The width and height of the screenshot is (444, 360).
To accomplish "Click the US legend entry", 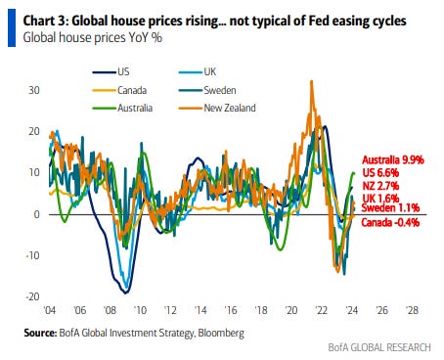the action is pyautogui.click(x=111, y=71).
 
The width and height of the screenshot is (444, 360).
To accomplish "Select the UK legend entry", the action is pyautogui.click(x=198, y=71).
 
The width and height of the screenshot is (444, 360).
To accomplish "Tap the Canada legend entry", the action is pyautogui.click(x=119, y=90).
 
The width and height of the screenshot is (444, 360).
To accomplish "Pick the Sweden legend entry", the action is pyautogui.click(x=207, y=90).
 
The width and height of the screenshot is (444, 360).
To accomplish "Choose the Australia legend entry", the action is pyautogui.click(x=122, y=108).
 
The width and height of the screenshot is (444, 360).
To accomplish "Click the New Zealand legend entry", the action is pyautogui.click(x=217, y=108).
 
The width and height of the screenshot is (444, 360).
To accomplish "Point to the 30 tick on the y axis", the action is pyautogui.click(x=34, y=90).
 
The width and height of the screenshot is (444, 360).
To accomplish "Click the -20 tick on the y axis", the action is pyautogui.click(x=32, y=296).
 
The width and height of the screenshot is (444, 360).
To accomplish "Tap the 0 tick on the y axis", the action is pyautogui.click(x=36, y=214).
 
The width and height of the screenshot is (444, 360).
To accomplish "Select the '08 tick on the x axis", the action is pyautogui.click(x=110, y=310).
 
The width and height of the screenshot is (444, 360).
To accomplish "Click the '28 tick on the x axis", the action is pyautogui.click(x=412, y=310).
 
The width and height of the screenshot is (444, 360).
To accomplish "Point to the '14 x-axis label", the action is pyautogui.click(x=200, y=310).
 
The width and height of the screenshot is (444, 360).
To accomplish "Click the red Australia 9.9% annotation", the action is pyautogui.click(x=393, y=159).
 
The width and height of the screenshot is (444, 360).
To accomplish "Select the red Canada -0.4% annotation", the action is pyautogui.click(x=390, y=222).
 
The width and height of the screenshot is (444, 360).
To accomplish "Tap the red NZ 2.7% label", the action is pyautogui.click(x=380, y=186).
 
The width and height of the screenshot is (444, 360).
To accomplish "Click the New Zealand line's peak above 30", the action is pyautogui.click(x=311, y=81).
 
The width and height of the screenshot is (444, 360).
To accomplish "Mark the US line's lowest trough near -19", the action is pyautogui.click(x=125, y=292).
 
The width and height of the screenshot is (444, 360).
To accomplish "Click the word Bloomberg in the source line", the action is pyautogui.click(x=221, y=333).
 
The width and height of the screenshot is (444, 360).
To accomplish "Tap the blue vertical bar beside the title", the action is pyautogui.click(x=12, y=27).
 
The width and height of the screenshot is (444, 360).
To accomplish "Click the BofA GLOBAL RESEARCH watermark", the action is pyautogui.click(x=379, y=347).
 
